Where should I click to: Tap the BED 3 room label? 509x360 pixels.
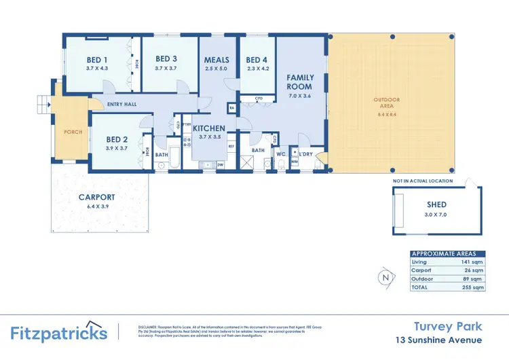[166, 59]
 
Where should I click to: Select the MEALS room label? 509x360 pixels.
[217, 60]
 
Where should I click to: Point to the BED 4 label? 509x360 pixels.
[257, 60]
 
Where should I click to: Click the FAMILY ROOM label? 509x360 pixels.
[299, 82]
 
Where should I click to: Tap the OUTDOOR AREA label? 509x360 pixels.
[388, 101]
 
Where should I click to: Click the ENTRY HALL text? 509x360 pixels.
[122, 104]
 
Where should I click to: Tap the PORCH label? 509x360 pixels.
[73, 132]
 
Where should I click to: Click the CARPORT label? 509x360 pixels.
[98, 197]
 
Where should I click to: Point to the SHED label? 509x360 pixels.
[436, 204]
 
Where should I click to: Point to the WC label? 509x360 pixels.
[279, 154]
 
